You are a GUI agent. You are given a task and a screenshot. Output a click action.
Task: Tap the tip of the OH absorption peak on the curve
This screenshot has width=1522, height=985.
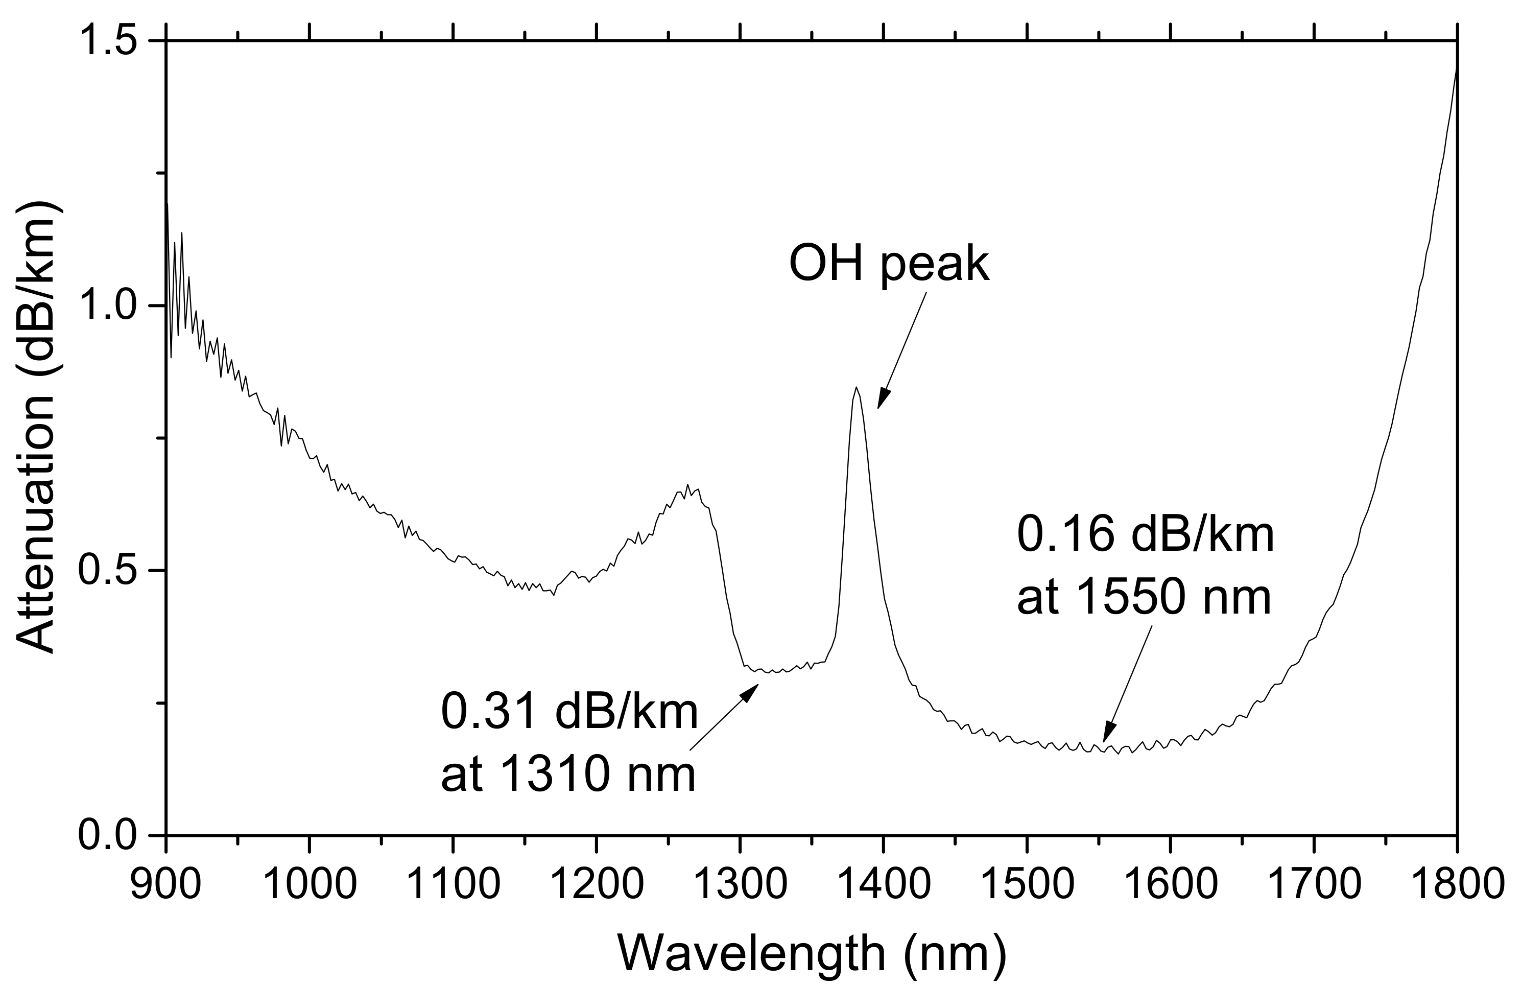tap(855, 388)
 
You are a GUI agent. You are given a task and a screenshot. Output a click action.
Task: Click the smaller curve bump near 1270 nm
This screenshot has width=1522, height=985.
tap(686, 490)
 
